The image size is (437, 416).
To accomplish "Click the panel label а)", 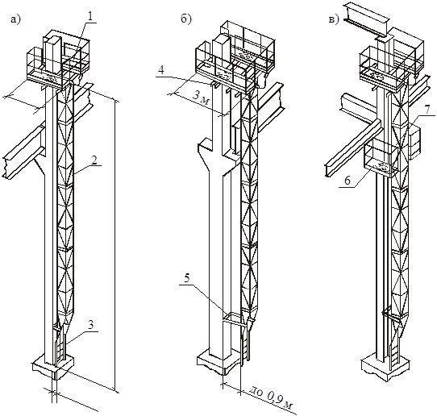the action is (x=15, y=19).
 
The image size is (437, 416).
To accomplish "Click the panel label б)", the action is (x=185, y=19).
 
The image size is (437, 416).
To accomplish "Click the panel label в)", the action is (x=334, y=19).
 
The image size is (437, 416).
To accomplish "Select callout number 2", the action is (x=94, y=160).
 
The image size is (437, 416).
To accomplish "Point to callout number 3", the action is (x=91, y=325).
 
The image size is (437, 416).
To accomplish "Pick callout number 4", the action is (x=161, y=70).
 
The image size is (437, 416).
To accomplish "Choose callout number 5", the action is (x=187, y=278).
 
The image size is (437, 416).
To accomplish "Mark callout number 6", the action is (x=347, y=181).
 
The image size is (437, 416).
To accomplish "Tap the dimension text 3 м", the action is (x=201, y=98).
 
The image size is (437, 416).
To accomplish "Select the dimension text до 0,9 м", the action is (x=269, y=397).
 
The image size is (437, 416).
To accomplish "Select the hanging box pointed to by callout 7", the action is (x=414, y=142).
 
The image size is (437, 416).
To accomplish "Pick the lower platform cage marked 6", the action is (x=381, y=161).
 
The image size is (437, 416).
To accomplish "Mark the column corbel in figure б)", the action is (x=209, y=157).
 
